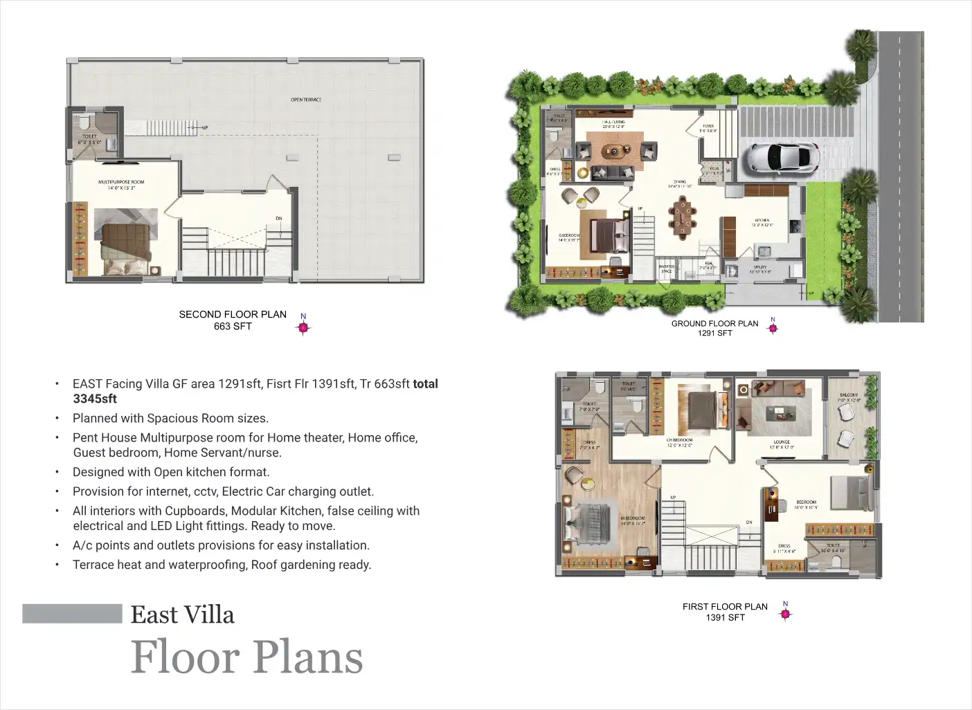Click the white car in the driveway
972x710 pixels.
coord(783,158)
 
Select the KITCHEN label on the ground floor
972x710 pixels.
coord(763,221)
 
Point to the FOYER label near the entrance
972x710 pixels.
coord(708,127)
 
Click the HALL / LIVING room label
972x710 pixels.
coord(613,122)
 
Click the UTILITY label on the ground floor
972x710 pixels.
coord(760,267)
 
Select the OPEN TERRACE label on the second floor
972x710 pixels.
coord(305,100)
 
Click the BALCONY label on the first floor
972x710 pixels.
coord(849,395)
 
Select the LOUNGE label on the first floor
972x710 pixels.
coord(782,442)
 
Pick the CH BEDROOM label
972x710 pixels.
coord(679,440)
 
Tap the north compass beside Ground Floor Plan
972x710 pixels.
coord(773,328)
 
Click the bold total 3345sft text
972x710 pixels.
coord(95,399)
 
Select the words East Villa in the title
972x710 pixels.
coord(183,615)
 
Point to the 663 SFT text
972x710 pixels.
coord(233,327)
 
